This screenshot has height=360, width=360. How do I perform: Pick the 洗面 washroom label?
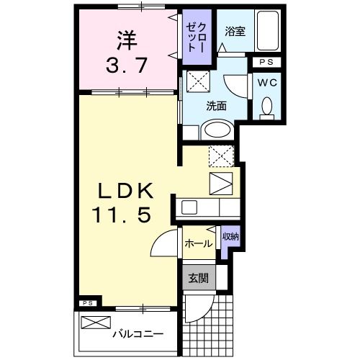tap(216, 106)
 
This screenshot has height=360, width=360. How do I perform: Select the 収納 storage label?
tap(230, 235)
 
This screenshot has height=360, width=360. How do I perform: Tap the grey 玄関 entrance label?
tap(198, 279)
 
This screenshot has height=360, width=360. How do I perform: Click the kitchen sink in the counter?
tap(189, 207)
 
